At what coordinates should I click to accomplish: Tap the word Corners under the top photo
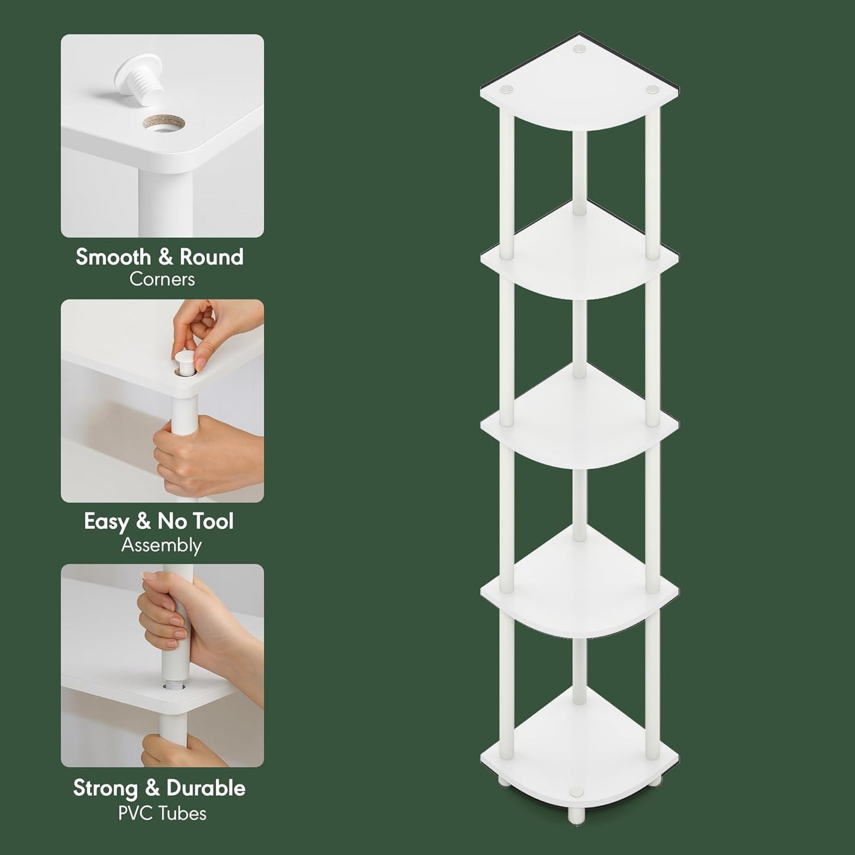[162, 279]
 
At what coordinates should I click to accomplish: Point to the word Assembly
[162, 545]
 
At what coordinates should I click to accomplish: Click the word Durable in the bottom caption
[205, 788]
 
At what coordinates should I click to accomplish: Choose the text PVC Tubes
[162, 813]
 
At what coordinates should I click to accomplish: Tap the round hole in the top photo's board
[163, 124]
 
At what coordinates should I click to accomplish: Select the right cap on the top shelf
[652, 89]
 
